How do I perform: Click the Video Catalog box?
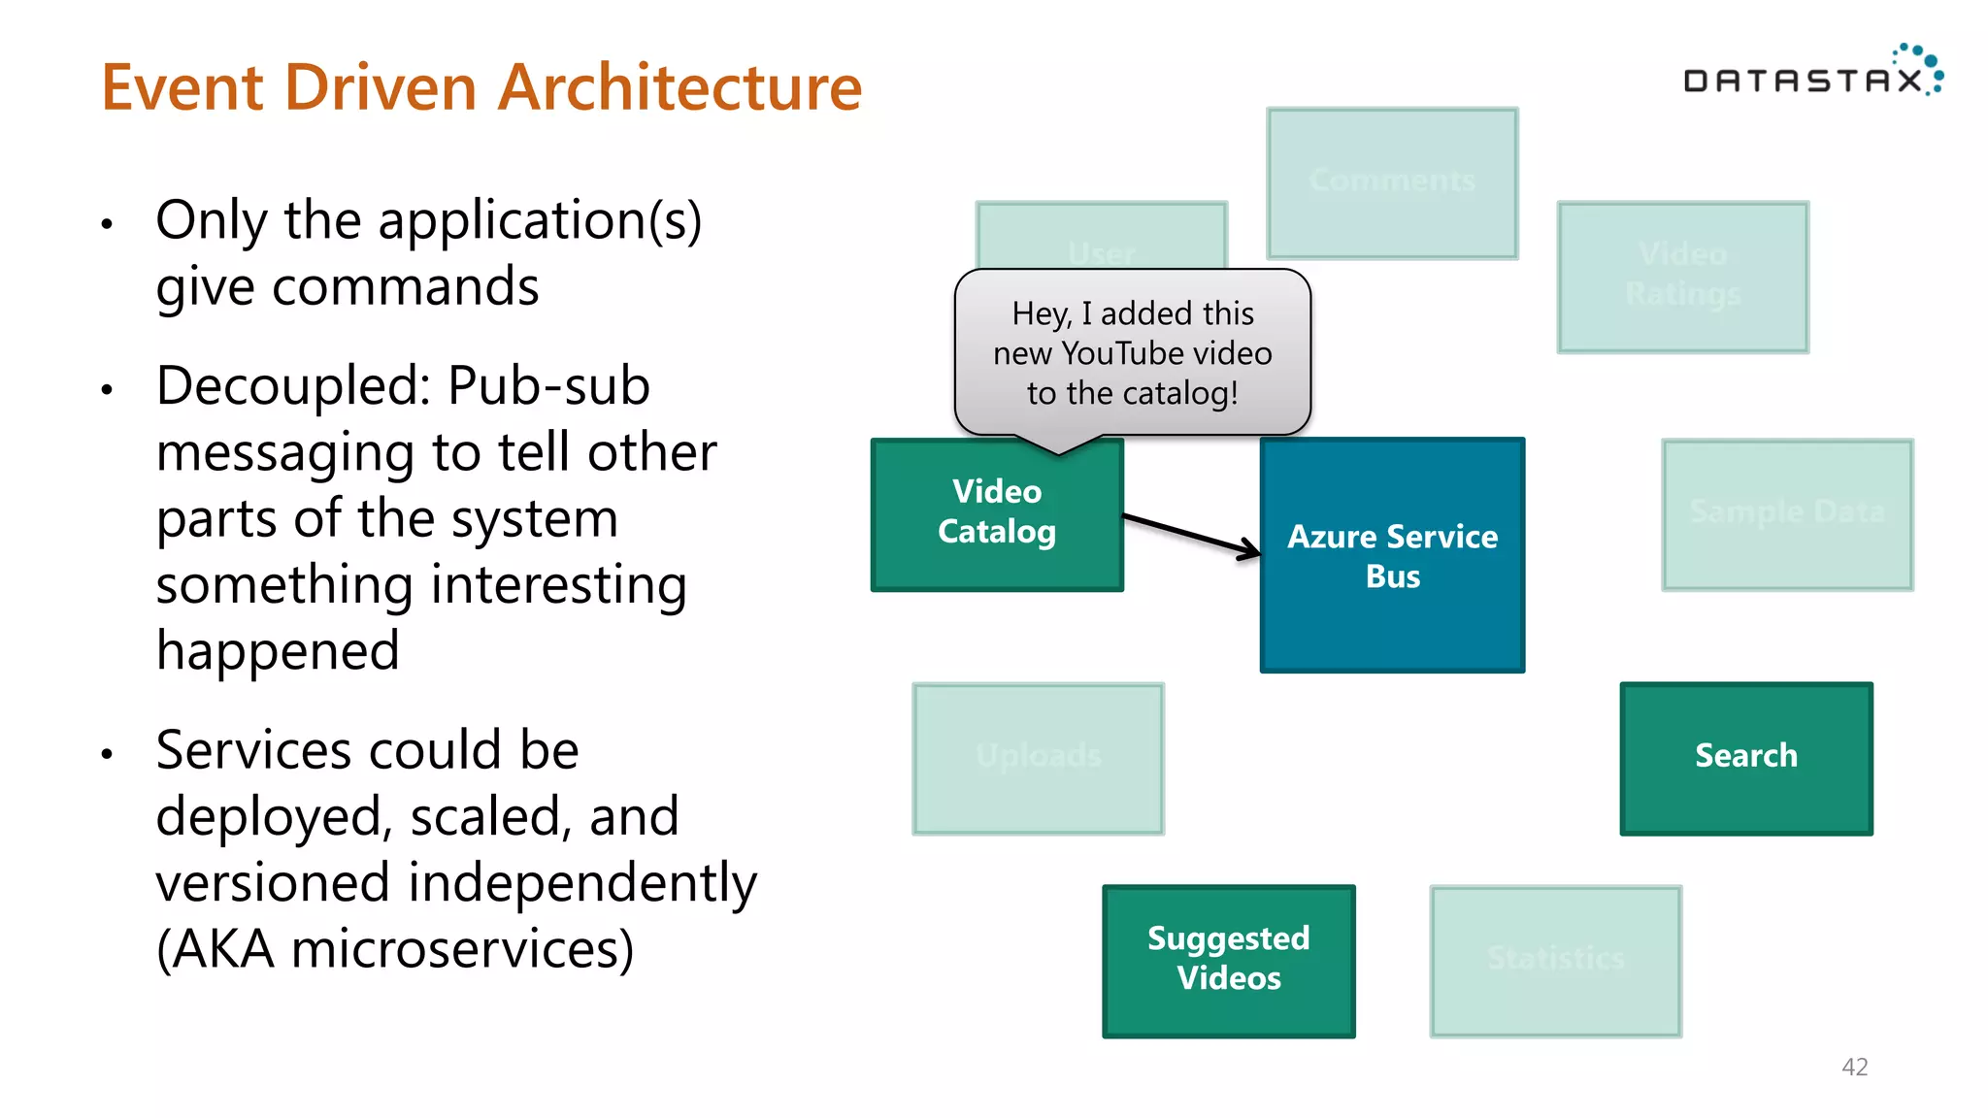click(x=997, y=514)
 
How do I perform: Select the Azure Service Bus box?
click(x=1392, y=555)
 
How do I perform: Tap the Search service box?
click(x=1745, y=757)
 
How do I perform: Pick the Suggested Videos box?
click(x=1228, y=960)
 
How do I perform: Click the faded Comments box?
click(x=1392, y=182)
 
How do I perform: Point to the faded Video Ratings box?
click(x=1682, y=277)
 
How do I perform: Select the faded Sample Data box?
click(x=1787, y=513)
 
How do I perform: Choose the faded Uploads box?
click(x=1038, y=758)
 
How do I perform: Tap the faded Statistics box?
click(x=1555, y=961)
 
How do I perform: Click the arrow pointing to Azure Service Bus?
click(x=1192, y=535)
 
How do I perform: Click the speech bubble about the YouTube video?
click(x=1132, y=353)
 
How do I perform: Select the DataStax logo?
click(x=1811, y=74)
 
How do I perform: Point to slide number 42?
click(x=1854, y=1067)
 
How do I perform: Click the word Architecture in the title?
click(x=679, y=88)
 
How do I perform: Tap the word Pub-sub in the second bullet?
click(x=548, y=386)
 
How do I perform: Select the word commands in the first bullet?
click(x=405, y=288)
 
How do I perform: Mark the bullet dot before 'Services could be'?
click(x=108, y=754)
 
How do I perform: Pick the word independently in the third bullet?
click(x=581, y=883)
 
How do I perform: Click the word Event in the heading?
click(x=182, y=88)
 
